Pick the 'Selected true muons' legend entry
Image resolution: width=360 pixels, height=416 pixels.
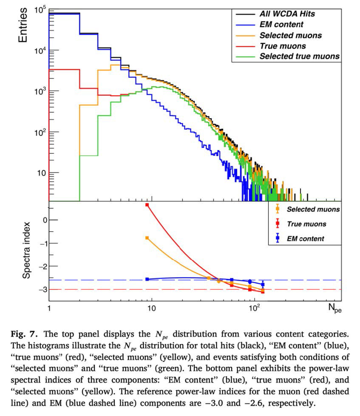point(300,56)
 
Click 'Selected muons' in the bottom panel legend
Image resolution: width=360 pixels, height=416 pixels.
point(313,209)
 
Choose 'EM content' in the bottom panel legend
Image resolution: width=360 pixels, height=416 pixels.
point(305,238)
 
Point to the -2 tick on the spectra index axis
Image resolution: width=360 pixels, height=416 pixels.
point(41,266)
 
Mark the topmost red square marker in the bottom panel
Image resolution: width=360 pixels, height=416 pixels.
point(147,205)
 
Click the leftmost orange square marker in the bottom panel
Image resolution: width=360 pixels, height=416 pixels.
point(147,238)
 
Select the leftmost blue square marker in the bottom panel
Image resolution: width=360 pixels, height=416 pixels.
point(147,279)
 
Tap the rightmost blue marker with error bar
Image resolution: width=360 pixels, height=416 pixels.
point(263,285)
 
